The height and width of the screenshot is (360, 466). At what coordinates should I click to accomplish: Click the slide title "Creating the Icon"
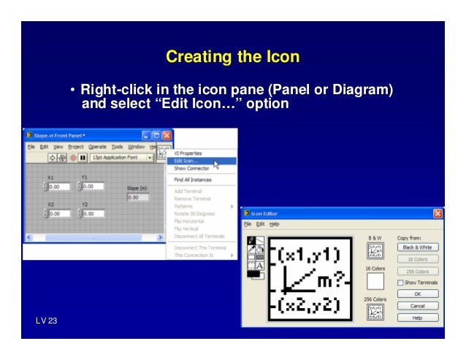coord(232,56)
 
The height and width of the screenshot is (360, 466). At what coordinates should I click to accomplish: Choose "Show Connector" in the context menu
coord(191,169)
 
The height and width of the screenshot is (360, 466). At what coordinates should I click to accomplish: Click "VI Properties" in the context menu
coord(188,153)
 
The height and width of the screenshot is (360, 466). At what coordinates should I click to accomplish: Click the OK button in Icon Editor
coord(418,294)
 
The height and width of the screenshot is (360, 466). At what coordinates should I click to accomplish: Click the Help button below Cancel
coord(418,318)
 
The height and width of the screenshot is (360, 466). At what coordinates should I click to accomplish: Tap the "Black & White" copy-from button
coord(418,247)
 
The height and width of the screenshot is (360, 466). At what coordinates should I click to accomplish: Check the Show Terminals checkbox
coord(401,283)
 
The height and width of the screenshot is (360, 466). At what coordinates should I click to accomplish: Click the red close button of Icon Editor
coord(438,213)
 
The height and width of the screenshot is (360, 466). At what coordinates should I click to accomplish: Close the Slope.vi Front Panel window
coord(167,135)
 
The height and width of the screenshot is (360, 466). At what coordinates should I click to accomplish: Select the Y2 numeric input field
coord(93,214)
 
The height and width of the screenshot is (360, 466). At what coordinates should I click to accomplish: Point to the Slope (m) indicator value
coord(133,197)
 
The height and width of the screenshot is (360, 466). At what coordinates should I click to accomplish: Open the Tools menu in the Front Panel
coord(117,146)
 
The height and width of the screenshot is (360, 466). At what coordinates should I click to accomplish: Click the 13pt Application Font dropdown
coord(121,157)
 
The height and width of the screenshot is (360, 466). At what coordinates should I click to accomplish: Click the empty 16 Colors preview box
coord(375,281)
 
